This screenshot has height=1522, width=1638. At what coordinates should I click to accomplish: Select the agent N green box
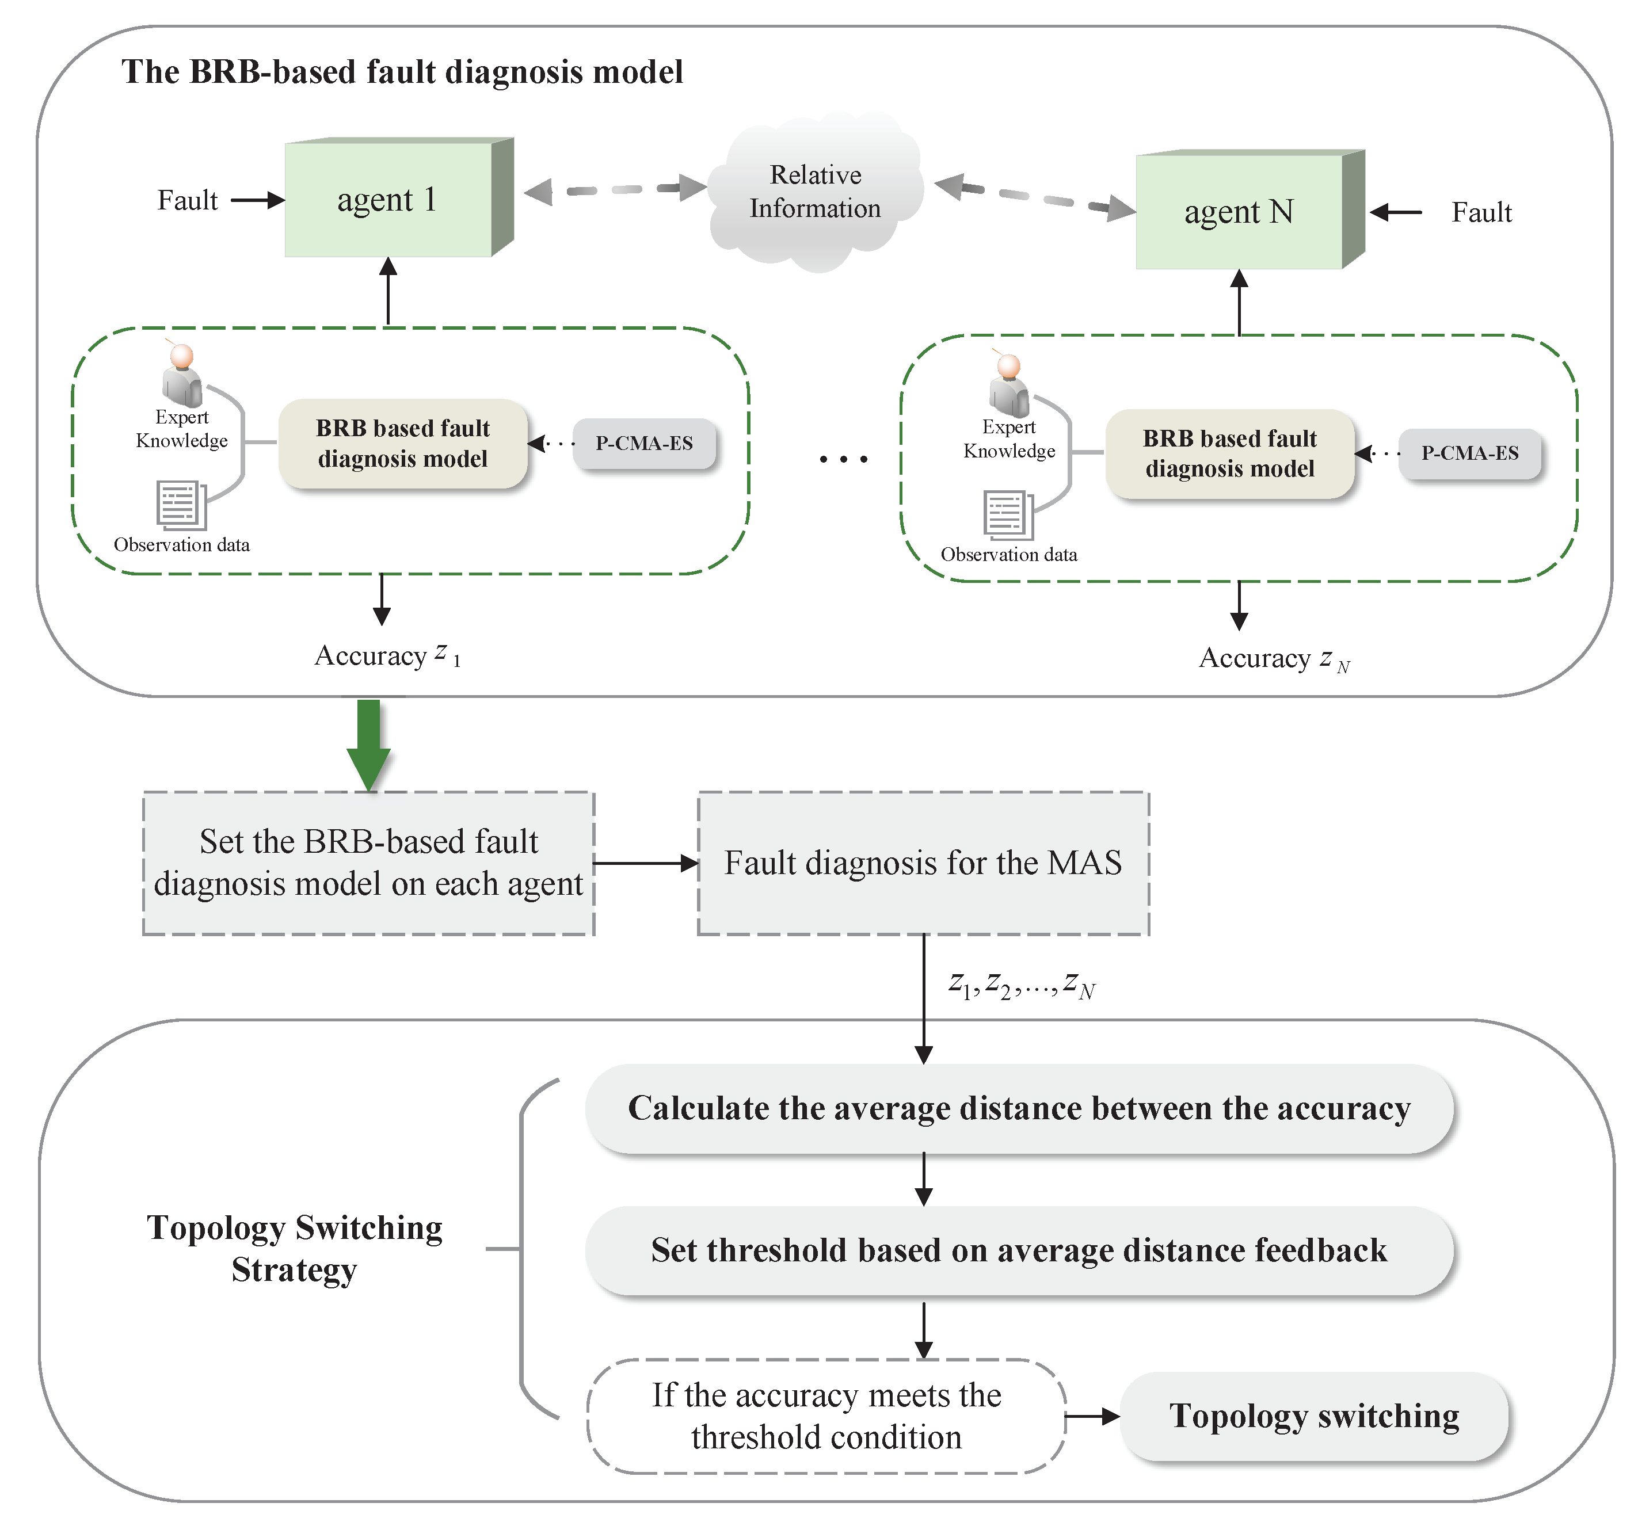click(x=1239, y=212)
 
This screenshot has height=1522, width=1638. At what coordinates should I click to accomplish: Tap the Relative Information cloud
click(x=815, y=192)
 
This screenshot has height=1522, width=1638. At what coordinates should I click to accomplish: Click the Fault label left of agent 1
click(x=187, y=200)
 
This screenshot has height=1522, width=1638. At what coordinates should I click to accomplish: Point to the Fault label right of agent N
click(x=1481, y=212)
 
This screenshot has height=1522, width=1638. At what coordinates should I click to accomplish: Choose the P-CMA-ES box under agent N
click(x=1469, y=453)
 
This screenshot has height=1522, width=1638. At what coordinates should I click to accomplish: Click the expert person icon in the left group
click(x=181, y=375)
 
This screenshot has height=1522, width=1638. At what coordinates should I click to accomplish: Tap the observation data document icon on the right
click(x=1007, y=515)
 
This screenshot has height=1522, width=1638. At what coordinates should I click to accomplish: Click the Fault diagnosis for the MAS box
click(x=923, y=863)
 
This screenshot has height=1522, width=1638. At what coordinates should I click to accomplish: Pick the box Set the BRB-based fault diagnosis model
click(x=368, y=863)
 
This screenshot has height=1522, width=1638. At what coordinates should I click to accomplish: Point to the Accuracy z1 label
click(x=387, y=655)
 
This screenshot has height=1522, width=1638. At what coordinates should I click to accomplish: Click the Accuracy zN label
click(x=1273, y=658)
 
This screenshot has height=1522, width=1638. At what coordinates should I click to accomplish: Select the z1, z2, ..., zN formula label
click(x=1021, y=984)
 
